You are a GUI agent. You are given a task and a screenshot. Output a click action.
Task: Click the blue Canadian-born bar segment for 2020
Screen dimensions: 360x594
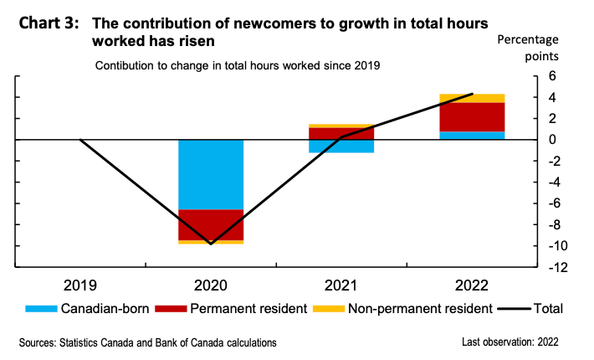point(210,174)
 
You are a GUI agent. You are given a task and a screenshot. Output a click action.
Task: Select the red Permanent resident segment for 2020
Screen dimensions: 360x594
point(210,224)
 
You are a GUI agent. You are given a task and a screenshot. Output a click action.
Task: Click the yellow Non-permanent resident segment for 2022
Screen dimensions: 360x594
point(472,98)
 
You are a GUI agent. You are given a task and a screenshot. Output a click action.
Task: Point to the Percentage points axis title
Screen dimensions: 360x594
point(531,48)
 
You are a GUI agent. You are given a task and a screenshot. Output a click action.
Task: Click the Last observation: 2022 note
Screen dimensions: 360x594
point(510,342)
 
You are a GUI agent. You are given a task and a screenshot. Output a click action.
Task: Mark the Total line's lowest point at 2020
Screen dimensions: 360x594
point(210,244)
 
